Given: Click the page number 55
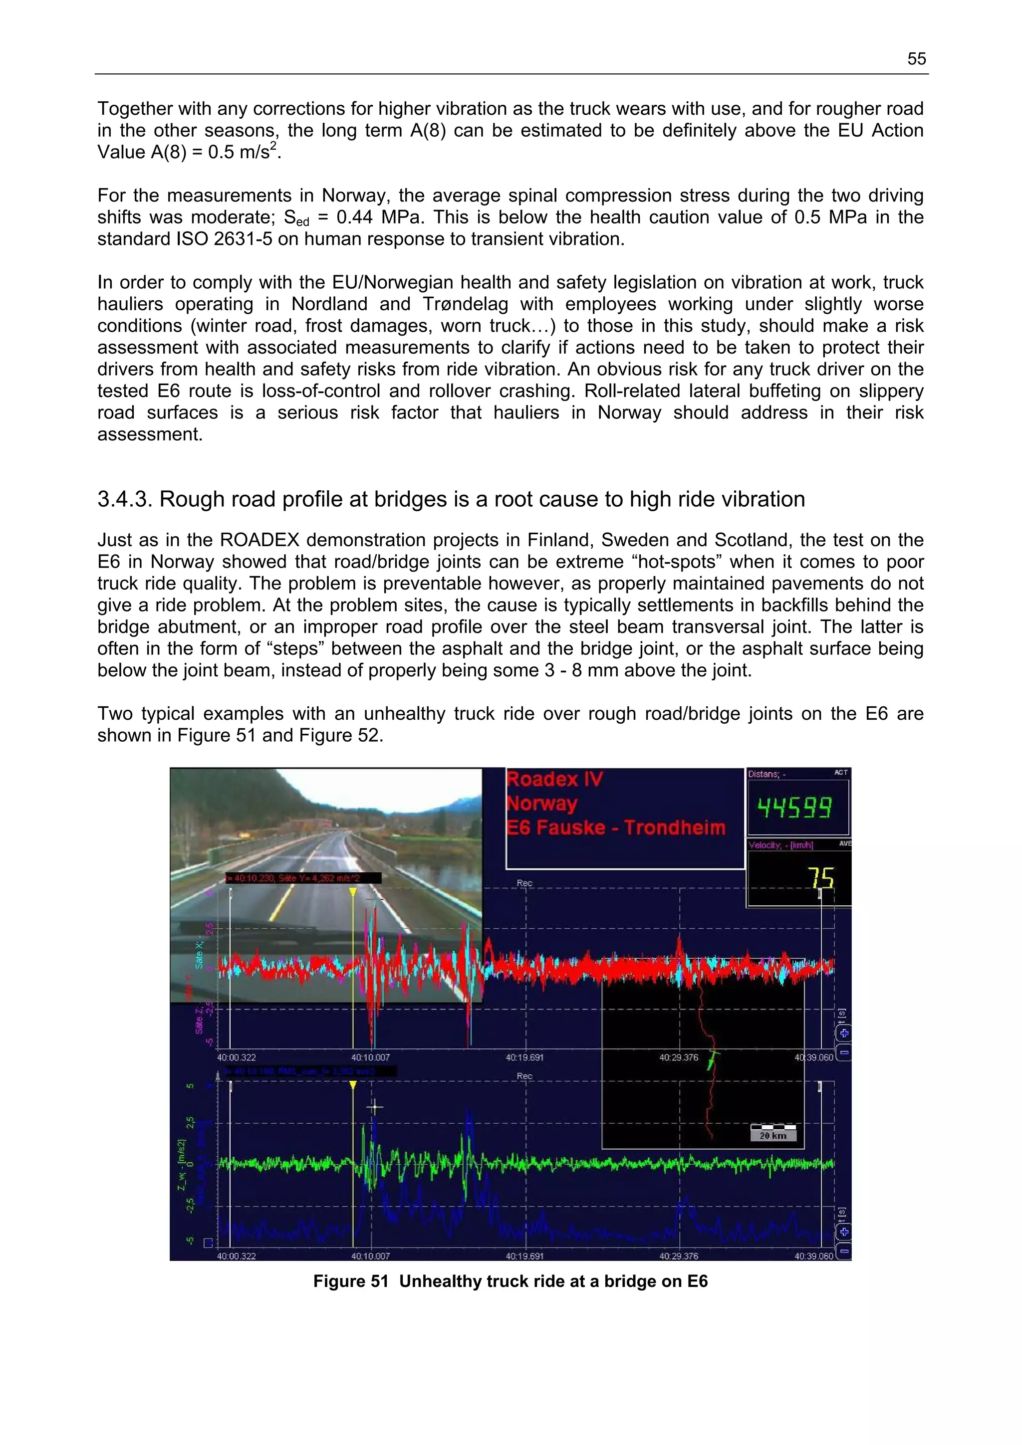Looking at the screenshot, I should [x=916, y=59].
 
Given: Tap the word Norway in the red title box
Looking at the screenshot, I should [x=542, y=804].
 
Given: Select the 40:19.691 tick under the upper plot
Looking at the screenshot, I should [x=524, y=1057].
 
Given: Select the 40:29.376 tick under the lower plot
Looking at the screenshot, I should [x=678, y=1255].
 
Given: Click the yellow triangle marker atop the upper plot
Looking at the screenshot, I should [x=353, y=892].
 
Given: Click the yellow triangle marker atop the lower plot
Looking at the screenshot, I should [x=353, y=1085].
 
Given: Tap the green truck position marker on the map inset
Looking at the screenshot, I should [x=712, y=1062].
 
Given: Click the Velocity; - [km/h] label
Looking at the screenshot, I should [x=781, y=845].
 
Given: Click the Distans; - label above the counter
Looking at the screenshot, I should [x=766, y=774].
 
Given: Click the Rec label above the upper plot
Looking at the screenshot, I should [x=524, y=883].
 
